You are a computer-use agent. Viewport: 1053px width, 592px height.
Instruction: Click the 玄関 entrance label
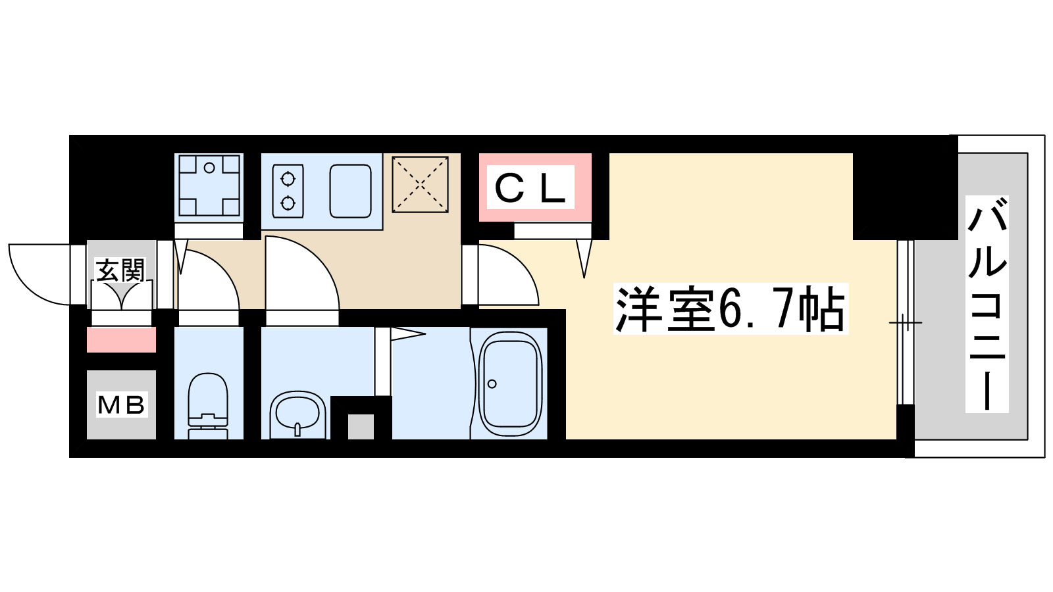click(x=120, y=270)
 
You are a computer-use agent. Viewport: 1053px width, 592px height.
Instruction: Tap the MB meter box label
click(x=121, y=405)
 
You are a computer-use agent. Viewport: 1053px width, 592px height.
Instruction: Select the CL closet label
click(x=530, y=188)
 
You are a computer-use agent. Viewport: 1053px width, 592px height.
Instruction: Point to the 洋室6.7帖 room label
click(x=731, y=309)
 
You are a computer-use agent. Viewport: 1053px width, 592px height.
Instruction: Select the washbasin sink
click(x=298, y=413)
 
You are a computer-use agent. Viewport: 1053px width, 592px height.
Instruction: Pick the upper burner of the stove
click(x=288, y=178)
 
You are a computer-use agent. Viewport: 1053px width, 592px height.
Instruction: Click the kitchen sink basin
click(x=350, y=191)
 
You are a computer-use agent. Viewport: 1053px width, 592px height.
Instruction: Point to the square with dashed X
click(x=420, y=184)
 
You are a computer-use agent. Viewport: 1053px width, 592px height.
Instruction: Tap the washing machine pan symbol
click(x=209, y=185)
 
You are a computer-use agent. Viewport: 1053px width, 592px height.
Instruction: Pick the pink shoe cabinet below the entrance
click(x=121, y=340)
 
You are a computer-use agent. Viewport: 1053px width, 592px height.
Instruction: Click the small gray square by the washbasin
click(x=361, y=426)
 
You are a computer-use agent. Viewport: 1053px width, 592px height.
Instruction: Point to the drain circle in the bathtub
click(x=492, y=384)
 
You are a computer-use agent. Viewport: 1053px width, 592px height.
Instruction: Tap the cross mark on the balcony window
click(x=906, y=322)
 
